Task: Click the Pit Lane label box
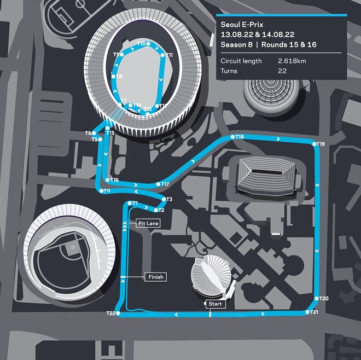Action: (x=148, y=223)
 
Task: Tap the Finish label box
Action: (x=156, y=277)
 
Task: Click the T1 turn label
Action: (x=135, y=204)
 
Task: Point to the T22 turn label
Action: (x=110, y=313)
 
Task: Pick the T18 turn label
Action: (x=240, y=136)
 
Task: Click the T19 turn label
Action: (x=321, y=144)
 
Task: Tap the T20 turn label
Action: (x=323, y=299)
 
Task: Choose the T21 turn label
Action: (x=313, y=312)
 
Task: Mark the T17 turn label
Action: (x=165, y=184)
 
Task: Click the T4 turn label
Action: (x=107, y=191)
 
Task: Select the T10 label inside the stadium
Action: (x=142, y=44)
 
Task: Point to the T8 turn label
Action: (x=119, y=77)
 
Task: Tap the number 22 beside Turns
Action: (x=283, y=71)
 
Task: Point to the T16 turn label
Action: (x=114, y=179)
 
